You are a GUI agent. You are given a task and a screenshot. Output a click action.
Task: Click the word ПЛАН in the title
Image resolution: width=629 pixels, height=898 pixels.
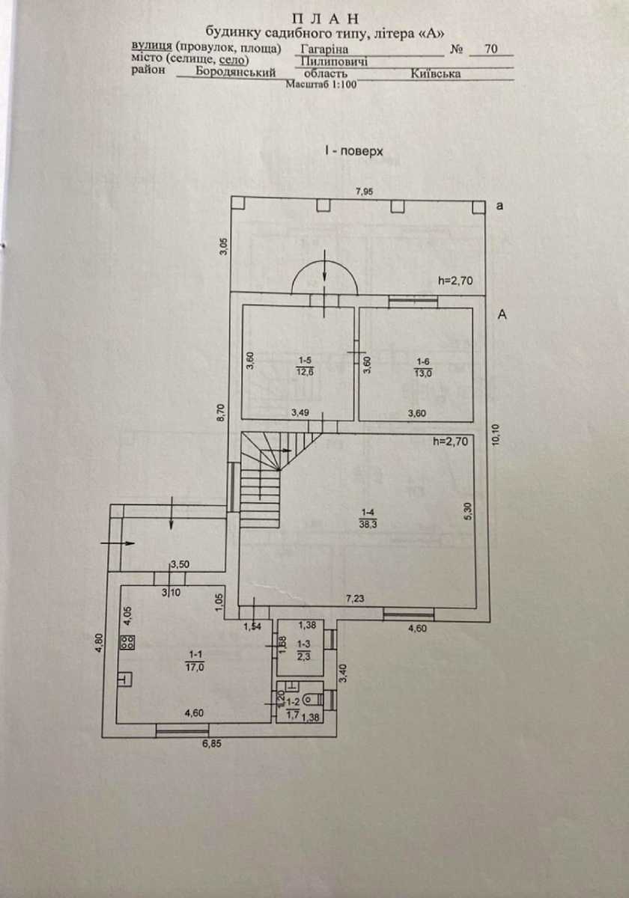[x=325, y=19]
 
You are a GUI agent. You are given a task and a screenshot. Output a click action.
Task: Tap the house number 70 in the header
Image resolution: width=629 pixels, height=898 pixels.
[x=491, y=49]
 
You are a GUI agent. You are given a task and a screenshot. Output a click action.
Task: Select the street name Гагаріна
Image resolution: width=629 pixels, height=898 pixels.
[x=324, y=49]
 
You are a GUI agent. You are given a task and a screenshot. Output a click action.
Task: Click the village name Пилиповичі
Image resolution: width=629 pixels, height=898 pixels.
[x=334, y=61]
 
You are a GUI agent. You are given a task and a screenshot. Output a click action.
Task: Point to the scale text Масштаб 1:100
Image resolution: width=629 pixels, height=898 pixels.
[x=321, y=85]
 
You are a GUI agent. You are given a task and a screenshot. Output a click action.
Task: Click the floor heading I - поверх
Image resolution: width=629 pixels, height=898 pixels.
[x=354, y=151]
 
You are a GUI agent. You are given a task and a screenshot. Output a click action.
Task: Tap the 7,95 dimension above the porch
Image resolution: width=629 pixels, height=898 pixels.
[x=365, y=192]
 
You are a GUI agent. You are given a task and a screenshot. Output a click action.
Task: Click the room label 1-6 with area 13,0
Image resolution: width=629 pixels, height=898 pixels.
[x=423, y=367]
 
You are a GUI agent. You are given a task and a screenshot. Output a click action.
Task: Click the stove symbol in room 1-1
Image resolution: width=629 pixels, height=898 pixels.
[x=128, y=642]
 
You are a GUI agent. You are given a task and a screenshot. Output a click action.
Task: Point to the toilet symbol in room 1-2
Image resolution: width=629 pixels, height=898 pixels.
[x=311, y=700]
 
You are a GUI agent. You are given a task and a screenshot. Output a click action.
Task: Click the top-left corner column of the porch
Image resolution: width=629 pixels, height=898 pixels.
[x=238, y=204]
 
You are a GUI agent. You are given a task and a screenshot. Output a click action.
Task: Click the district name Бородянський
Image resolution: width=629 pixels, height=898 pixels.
[x=236, y=72]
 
